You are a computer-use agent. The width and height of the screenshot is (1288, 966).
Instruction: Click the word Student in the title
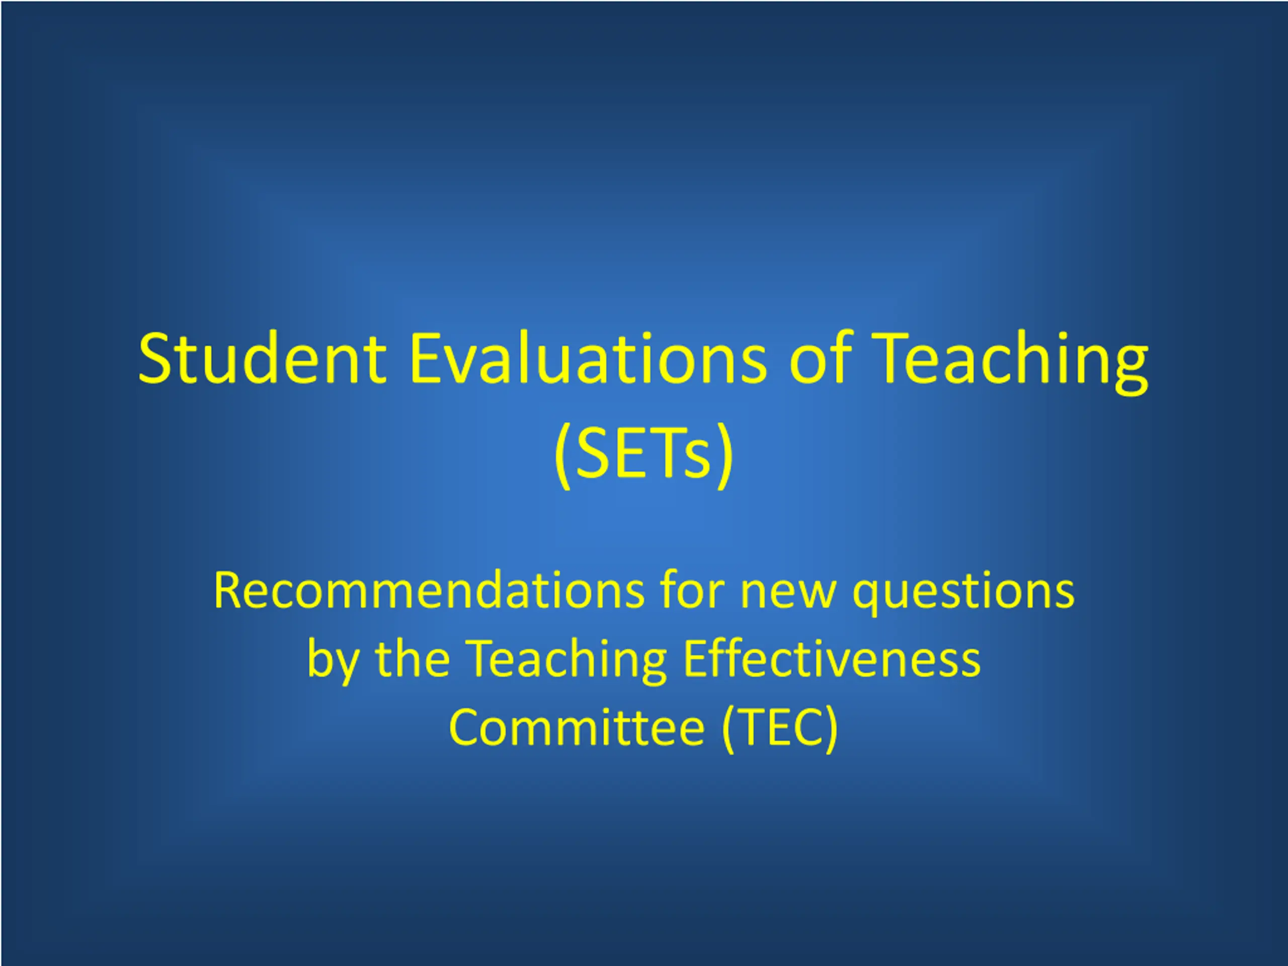click(262, 358)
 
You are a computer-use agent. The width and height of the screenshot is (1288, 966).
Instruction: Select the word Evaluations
click(589, 358)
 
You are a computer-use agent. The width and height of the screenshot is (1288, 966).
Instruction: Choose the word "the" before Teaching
click(412, 659)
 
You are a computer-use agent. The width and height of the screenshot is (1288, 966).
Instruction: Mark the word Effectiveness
click(832, 659)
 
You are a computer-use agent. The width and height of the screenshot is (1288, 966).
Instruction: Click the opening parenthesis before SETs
click(563, 455)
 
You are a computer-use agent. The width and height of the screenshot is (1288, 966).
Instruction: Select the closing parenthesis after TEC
click(832, 729)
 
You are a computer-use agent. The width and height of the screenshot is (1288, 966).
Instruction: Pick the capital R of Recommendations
click(228, 591)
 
